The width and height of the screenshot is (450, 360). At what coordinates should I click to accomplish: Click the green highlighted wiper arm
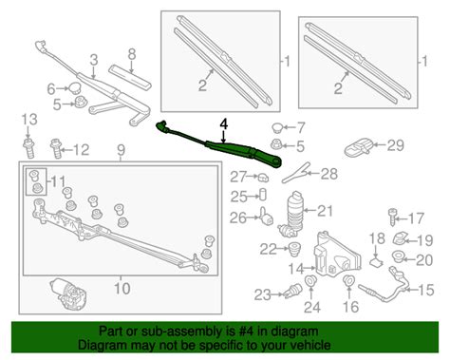point(223,145)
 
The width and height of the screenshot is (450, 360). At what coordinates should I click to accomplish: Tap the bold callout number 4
point(224,124)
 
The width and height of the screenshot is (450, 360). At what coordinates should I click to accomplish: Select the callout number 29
point(395,144)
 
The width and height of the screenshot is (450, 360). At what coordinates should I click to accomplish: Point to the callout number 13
point(28,119)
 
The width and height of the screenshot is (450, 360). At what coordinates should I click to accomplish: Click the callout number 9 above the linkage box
point(121,150)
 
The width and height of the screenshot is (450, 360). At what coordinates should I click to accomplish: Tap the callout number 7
point(302,127)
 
